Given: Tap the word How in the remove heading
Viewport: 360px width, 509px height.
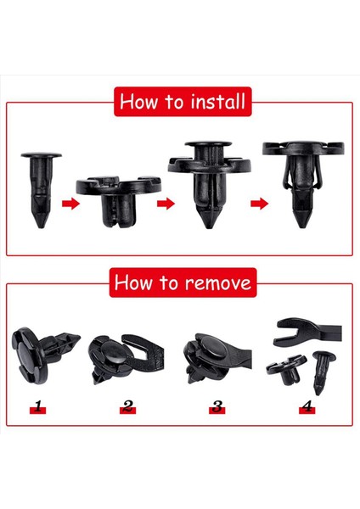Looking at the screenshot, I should (132, 282).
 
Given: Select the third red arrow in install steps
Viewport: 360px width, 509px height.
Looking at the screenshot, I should (258, 204).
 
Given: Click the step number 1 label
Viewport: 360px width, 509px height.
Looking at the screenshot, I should (37, 407).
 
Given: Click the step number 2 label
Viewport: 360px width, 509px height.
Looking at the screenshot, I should (128, 407).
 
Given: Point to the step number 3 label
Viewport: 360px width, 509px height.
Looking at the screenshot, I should (217, 407).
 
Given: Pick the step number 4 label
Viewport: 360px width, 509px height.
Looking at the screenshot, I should (306, 407).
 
